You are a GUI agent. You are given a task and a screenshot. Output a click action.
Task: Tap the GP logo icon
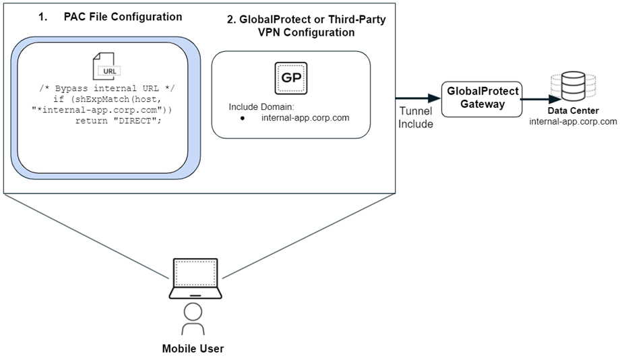[x=291, y=78]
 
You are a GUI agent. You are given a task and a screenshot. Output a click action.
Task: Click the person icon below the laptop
[x=193, y=319]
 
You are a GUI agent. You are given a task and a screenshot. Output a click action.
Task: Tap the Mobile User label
[x=193, y=349]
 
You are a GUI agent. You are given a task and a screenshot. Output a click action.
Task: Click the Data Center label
[x=573, y=110]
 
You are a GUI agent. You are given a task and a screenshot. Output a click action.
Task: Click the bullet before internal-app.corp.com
[x=242, y=118]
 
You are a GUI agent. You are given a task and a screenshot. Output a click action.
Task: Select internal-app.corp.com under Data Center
[x=573, y=121]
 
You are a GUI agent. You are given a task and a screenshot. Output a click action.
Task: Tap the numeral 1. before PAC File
[x=44, y=16]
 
